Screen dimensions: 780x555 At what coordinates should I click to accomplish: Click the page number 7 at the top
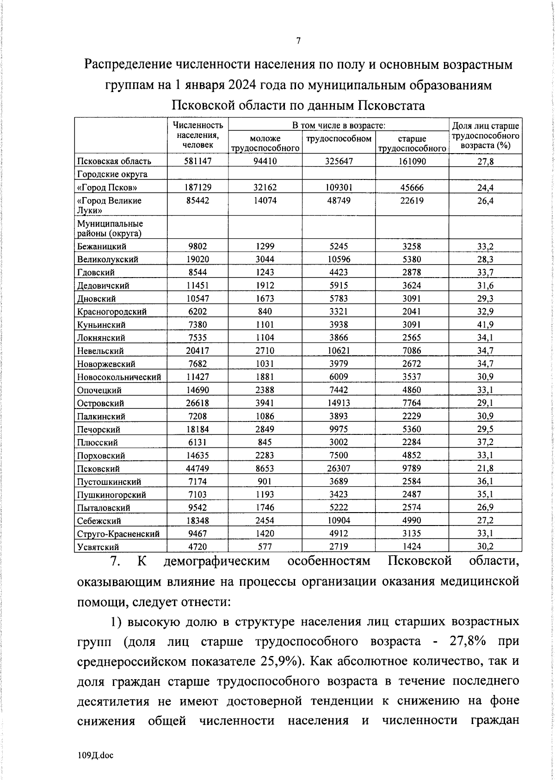pyautogui.click(x=298, y=41)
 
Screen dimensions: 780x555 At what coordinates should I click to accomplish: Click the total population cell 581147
pyautogui.click(x=197, y=161)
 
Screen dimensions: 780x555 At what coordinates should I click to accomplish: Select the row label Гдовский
pyautogui.click(x=96, y=272)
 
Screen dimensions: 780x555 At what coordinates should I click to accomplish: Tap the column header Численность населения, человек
pyautogui.click(x=197, y=135)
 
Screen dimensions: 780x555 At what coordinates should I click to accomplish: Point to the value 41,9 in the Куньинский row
pyautogui.click(x=485, y=325)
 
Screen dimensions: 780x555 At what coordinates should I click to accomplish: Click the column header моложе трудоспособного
pyautogui.click(x=265, y=143)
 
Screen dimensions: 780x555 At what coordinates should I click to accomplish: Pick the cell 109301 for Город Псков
pyautogui.click(x=339, y=187)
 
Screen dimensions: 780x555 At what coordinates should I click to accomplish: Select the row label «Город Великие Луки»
pyautogui.click(x=109, y=205)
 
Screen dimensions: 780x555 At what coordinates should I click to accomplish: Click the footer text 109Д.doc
pyautogui.click(x=96, y=755)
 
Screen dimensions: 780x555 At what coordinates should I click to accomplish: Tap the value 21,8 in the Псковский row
pyautogui.click(x=485, y=469)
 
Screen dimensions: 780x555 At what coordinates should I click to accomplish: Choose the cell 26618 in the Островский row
pyautogui.click(x=197, y=403)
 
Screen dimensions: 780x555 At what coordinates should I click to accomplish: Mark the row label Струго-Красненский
pyautogui.click(x=118, y=534)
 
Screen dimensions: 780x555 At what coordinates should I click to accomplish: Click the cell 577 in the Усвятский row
pyautogui.click(x=265, y=547)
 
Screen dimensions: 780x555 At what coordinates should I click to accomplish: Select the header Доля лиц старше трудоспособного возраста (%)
pyautogui.click(x=485, y=135)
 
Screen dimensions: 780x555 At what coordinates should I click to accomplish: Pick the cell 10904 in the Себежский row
pyautogui.click(x=339, y=521)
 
